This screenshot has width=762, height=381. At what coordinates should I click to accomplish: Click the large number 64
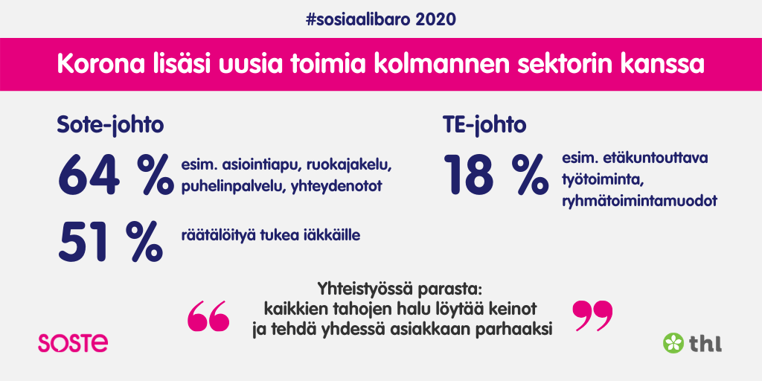pyautogui.click(x=89, y=174)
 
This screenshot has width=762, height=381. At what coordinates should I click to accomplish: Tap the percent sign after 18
pyautogui.click(x=531, y=174)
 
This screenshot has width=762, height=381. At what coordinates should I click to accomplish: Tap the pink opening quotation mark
pyautogui.click(x=208, y=316)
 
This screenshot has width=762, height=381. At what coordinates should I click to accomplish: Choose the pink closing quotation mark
pyautogui.click(x=592, y=316)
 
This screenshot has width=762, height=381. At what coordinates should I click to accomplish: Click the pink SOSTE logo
pyautogui.click(x=73, y=342)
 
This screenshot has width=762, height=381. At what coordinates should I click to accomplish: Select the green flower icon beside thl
pyautogui.click(x=673, y=342)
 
